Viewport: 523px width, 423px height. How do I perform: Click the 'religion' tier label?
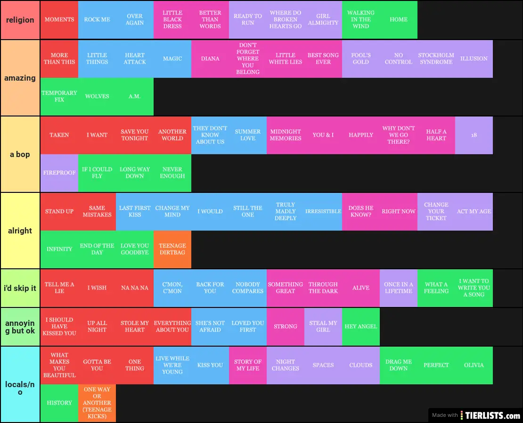click(x=20, y=20)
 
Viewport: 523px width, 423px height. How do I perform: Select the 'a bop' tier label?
click(x=20, y=154)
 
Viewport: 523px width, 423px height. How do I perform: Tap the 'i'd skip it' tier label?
click(x=20, y=288)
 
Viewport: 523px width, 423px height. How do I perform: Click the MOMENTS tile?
click(x=59, y=20)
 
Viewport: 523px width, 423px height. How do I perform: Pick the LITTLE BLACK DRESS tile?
click(x=172, y=20)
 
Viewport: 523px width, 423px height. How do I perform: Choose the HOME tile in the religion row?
click(x=399, y=20)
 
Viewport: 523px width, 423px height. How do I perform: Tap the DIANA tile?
click(x=210, y=58)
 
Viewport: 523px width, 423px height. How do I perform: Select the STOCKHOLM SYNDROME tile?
click(x=436, y=58)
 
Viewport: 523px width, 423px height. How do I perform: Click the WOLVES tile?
click(x=97, y=97)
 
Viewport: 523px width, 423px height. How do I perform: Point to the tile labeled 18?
click(x=474, y=135)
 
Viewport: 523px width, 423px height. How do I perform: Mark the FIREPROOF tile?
click(x=59, y=173)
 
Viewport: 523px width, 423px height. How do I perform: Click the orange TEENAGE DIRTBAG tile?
click(x=172, y=249)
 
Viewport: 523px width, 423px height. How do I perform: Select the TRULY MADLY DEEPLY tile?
click(x=286, y=211)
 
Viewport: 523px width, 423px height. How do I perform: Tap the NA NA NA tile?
click(x=135, y=288)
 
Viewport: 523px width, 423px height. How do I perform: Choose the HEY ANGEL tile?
click(x=361, y=326)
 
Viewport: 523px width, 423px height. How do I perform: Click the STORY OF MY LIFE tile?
click(x=248, y=365)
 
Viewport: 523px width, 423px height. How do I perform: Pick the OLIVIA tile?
click(x=474, y=365)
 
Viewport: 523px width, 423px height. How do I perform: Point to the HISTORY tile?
click(x=59, y=403)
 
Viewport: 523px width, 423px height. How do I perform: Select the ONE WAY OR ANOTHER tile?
click(x=97, y=403)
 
